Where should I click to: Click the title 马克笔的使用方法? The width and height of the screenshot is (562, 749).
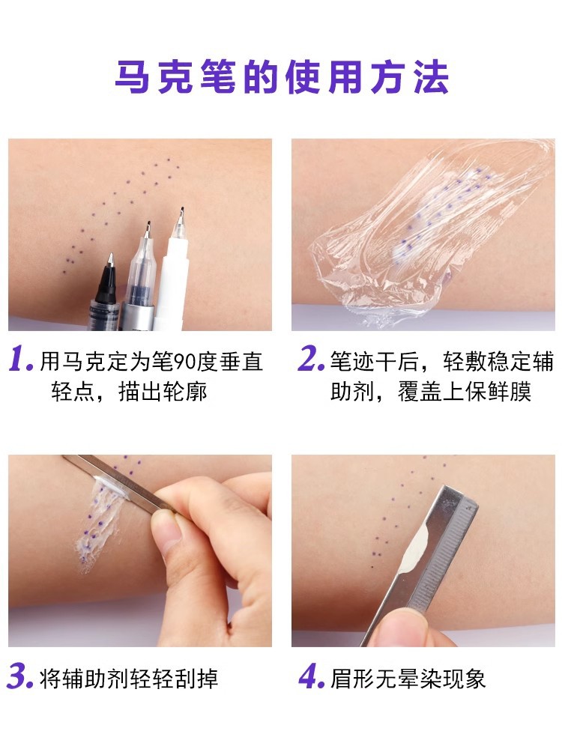(x=282, y=77)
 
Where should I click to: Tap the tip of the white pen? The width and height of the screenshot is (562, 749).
(x=181, y=208)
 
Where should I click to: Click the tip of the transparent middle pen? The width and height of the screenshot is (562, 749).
(x=148, y=222)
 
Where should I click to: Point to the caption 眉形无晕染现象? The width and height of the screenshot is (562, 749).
(x=408, y=679)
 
